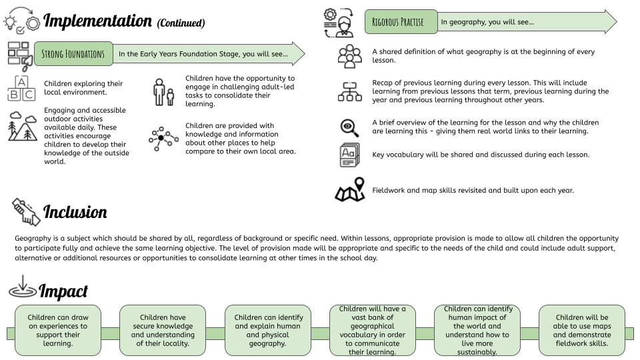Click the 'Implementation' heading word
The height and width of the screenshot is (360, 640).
pos(97,21)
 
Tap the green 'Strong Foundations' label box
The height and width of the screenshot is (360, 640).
pos(73,53)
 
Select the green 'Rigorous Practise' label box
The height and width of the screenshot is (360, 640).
pos(401,21)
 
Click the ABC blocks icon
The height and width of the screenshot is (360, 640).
pos(21,88)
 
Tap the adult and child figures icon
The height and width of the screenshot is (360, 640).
pos(164,92)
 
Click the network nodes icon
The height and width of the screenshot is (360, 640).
pos(163,139)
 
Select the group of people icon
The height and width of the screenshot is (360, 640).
pos(350,56)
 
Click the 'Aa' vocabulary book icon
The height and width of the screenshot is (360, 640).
pos(349,155)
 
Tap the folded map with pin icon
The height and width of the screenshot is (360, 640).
pos(350,190)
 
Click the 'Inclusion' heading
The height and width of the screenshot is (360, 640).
pos(75,212)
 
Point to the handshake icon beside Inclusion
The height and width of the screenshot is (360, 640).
pos(26,212)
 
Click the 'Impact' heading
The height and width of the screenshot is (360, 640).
pos(63,291)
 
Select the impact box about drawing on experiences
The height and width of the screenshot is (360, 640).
pos(58,330)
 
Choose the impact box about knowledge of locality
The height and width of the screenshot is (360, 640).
pos(163,330)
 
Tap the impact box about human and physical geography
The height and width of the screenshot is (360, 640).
pos(268,330)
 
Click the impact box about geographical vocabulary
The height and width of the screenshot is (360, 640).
pos(372,330)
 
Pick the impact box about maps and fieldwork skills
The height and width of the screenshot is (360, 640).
pos(582,330)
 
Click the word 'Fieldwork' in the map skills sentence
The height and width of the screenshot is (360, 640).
pos(389,190)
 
